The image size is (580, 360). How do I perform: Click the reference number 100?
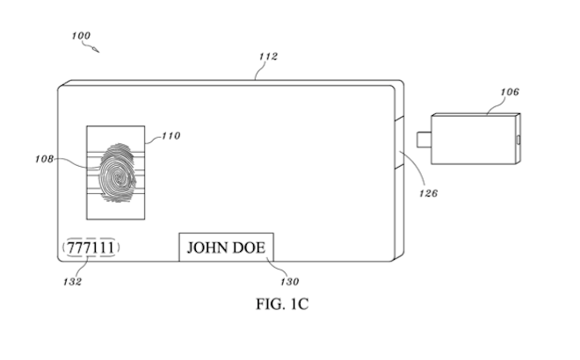point(81,35)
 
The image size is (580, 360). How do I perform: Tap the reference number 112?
point(268,56)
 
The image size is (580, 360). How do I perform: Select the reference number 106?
point(510,91)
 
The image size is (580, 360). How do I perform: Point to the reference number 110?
point(170,135)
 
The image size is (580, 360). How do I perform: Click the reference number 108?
point(45,159)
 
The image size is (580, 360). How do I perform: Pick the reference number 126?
point(428,193)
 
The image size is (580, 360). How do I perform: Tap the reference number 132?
point(72,282)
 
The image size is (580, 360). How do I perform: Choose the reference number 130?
point(289,282)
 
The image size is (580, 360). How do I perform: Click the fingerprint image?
point(117,173)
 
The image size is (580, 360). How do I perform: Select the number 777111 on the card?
point(91,248)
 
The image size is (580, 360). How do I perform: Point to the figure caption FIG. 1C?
point(282,304)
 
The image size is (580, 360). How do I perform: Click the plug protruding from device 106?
point(424,140)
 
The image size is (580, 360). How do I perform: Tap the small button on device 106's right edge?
point(518,140)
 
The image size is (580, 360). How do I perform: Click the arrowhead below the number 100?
point(96,49)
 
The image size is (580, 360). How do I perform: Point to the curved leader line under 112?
point(260,70)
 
